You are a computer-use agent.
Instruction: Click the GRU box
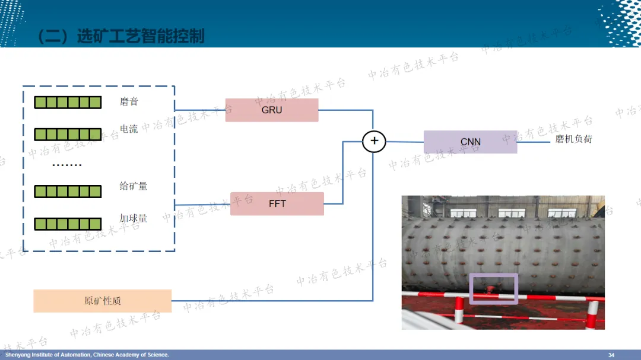click(x=271, y=110)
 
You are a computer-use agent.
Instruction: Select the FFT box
click(x=277, y=203)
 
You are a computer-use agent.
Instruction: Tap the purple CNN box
click(x=470, y=142)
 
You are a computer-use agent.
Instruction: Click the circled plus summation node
click(x=374, y=141)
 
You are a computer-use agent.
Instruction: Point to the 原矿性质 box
click(x=102, y=301)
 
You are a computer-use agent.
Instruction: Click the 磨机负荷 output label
click(x=573, y=139)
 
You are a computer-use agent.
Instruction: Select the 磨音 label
click(x=129, y=101)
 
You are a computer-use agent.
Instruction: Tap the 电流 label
click(x=129, y=129)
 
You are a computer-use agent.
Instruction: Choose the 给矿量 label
click(x=133, y=186)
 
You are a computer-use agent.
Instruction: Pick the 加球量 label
click(x=133, y=218)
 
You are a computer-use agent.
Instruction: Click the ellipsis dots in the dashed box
click(x=66, y=165)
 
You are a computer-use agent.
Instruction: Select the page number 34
click(x=611, y=355)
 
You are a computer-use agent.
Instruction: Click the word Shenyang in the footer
click(x=17, y=355)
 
